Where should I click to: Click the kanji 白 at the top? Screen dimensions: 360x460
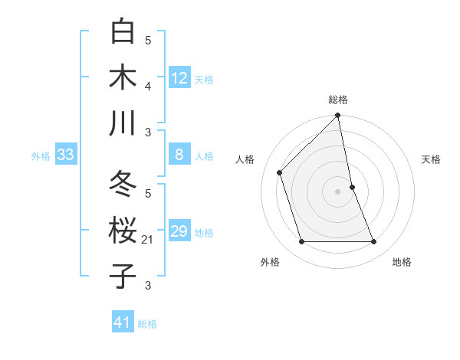click(123, 32)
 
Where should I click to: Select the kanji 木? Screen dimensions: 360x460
click(123, 77)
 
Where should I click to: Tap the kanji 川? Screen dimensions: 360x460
click(123, 123)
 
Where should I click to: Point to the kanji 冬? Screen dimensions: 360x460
click(123, 185)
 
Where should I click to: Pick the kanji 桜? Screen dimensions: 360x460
click(123, 231)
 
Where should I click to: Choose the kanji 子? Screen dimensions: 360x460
click(123, 276)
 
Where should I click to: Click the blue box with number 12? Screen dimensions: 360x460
click(179, 78)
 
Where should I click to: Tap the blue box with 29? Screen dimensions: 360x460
click(179, 232)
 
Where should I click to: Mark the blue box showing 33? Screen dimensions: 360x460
click(65, 155)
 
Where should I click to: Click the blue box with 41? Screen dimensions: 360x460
click(123, 323)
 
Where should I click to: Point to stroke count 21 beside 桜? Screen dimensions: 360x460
click(148, 240)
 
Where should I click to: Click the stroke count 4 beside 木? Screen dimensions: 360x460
click(148, 87)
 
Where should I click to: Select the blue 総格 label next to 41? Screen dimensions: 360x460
click(147, 324)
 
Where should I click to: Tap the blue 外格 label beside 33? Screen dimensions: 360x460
click(41, 156)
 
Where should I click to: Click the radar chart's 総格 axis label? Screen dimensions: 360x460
click(338, 100)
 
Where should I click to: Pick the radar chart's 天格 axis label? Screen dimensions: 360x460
click(432, 159)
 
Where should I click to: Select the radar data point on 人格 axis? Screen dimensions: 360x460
click(280, 172)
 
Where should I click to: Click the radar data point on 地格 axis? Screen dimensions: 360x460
click(374, 242)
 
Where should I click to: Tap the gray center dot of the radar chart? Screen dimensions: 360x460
click(338, 191)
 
